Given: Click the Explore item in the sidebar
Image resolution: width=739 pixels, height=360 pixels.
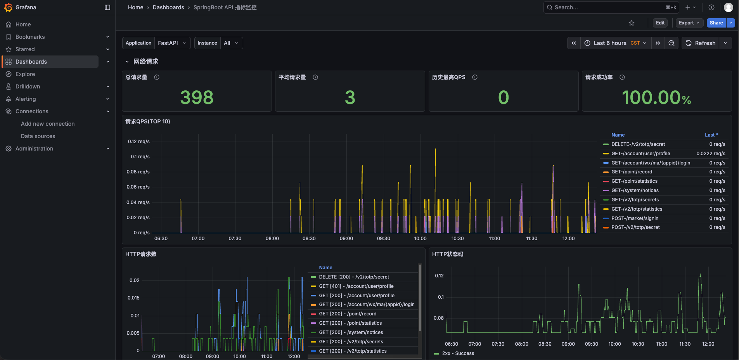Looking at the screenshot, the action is pos(25,74).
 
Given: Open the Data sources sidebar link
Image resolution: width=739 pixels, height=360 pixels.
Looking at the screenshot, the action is pos(38,136).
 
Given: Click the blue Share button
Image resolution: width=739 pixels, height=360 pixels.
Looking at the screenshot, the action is pos(716,23).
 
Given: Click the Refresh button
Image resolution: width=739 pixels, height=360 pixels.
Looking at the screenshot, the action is pos(701,43).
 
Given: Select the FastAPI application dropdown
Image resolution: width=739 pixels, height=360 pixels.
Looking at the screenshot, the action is pos(172,43).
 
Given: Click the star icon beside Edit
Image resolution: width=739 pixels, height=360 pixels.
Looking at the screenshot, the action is pos(632,23).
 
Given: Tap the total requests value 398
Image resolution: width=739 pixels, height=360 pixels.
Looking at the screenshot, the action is pos(197,97).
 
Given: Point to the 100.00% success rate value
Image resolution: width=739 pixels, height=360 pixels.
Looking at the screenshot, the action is pos(656,97).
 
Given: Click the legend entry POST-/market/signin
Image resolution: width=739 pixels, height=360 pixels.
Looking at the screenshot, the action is pos(635,218).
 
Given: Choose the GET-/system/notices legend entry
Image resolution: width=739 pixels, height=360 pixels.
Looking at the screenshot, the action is pos(635,190).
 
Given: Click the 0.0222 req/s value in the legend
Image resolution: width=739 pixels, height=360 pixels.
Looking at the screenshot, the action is pos(711,154).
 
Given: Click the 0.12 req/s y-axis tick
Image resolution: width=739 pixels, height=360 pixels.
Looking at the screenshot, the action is pos(139,142).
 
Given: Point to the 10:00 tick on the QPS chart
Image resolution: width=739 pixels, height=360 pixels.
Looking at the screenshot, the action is pos(420,239).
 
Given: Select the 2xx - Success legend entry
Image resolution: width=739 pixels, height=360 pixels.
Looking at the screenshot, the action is pos(458,353).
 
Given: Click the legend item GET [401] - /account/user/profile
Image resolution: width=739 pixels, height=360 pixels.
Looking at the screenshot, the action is pos(356,286).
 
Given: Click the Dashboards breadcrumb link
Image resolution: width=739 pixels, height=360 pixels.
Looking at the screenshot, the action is pos(168,7).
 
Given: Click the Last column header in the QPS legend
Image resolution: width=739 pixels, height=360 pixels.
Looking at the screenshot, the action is pos(711,135).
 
